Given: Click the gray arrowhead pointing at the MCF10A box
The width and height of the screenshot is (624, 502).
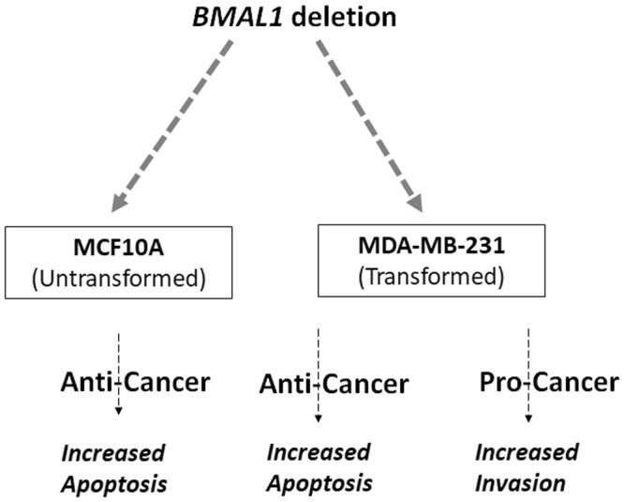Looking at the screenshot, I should pyautogui.click(x=121, y=201).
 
